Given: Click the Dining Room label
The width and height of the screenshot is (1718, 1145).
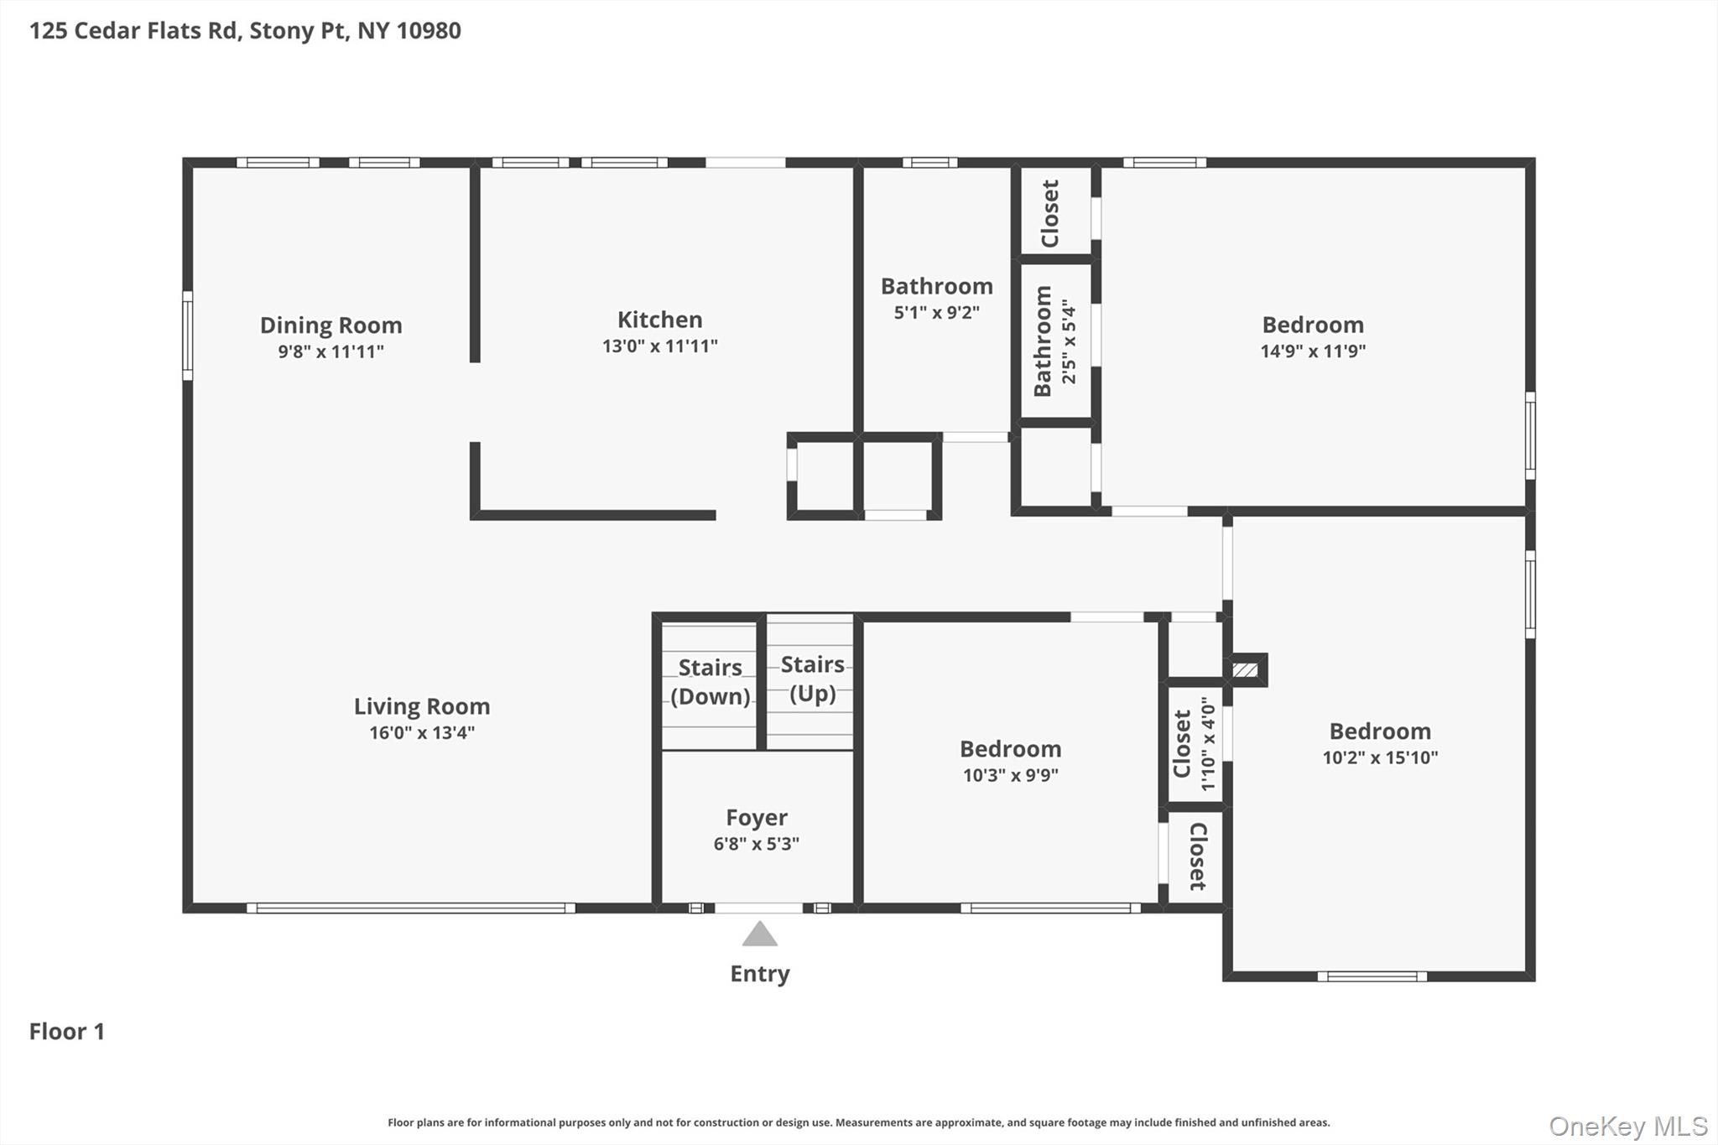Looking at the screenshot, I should pyautogui.click(x=331, y=325).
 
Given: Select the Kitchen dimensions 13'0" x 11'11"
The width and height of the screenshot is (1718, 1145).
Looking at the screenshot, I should pyautogui.click(x=659, y=346).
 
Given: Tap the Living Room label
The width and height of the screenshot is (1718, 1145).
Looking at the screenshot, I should pyautogui.click(x=421, y=706).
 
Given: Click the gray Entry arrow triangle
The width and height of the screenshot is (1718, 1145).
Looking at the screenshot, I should pyautogui.click(x=759, y=934).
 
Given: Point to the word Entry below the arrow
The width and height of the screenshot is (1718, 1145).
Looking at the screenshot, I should pyautogui.click(x=759, y=973).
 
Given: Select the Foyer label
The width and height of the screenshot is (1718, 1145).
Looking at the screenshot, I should pyautogui.click(x=756, y=817).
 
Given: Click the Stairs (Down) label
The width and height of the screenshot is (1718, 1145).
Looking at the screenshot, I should pyautogui.click(x=710, y=681).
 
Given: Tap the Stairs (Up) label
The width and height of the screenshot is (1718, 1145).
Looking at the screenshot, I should pyautogui.click(x=812, y=678).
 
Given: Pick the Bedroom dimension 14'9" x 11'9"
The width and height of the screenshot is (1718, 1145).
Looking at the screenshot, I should pyautogui.click(x=1312, y=351).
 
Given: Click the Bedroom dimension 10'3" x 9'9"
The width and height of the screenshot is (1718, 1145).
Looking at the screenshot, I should pyautogui.click(x=1010, y=775).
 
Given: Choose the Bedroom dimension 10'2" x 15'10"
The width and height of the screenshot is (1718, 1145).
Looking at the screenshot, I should pyautogui.click(x=1380, y=757).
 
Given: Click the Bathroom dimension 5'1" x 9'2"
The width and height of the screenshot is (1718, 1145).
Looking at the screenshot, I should pyautogui.click(x=936, y=312).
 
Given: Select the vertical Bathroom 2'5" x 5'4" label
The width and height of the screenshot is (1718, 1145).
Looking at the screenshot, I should pyautogui.click(x=1054, y=341).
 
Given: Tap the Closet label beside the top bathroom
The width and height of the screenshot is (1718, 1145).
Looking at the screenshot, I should pyautogui.click(x=1050, y=214).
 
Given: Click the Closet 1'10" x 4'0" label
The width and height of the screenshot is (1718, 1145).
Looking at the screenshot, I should pyautogui.click(x=1194, y=744).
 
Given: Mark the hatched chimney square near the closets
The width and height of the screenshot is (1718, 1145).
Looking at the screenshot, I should pyautogui.click(x=1245, y=670).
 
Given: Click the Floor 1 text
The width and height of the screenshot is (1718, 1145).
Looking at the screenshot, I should pyautogui.click(x=66, y=1031).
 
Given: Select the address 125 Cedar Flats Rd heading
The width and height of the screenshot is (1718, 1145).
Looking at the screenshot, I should pyautogui.click(x=245, y=30).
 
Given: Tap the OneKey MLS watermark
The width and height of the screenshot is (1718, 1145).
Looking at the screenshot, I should pyautogui.click(x=1627, y=1126).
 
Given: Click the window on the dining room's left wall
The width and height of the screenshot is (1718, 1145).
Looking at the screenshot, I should pyautogui.click(x=188, y=336).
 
